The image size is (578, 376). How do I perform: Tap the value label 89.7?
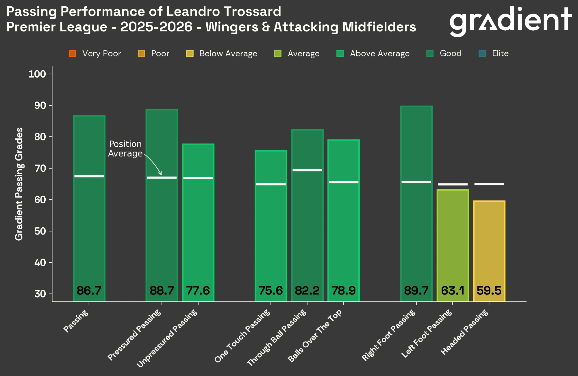(416, 290)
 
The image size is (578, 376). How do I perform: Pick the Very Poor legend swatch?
(72, 54)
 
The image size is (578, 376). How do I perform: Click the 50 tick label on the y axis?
(40, 231)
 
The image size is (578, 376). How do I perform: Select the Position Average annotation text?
(125, 149)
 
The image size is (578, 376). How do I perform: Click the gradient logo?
(510, 21)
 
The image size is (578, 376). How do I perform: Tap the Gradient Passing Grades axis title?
(19, 184)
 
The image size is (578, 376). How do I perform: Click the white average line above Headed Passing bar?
(489, 184)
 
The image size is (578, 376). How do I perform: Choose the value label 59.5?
(489, 290)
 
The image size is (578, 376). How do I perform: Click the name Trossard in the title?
(252, 12)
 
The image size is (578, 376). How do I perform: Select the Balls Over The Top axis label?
(315, 336)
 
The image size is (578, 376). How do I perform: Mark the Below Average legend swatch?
(190, 54)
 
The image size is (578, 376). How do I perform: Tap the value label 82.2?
(307, 290)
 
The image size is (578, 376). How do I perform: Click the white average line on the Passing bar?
(89, 176)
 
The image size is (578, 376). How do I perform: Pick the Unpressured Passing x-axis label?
(167, 338)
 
